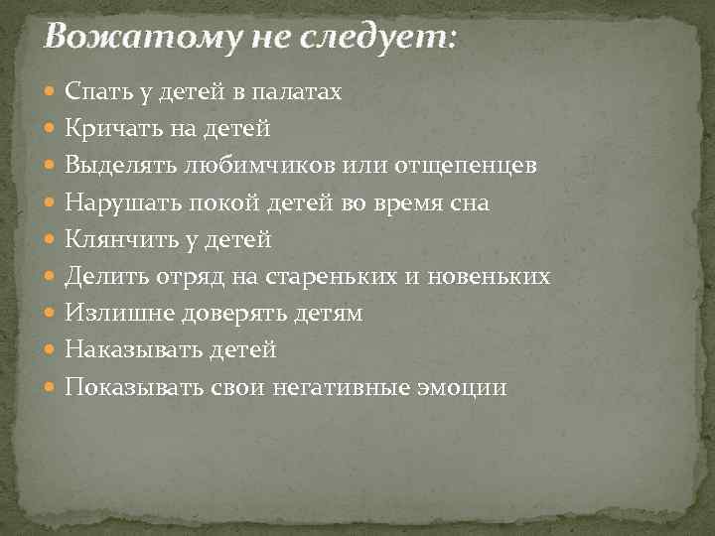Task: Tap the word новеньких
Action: click(x=493, y=276)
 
